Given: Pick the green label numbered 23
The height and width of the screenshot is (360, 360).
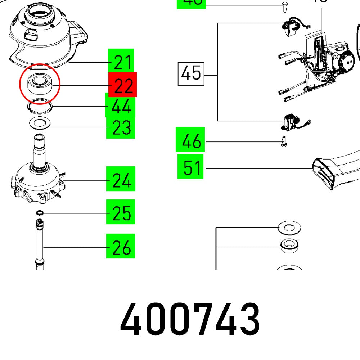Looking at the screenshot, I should click(x=120, y=127).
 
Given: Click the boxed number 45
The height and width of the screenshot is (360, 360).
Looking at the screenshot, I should click(x=191, y=74).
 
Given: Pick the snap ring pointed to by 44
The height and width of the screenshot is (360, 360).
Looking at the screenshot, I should click(x=40, y=105).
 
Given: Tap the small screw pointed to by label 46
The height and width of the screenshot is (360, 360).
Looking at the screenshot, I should click(x=283, y=143).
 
